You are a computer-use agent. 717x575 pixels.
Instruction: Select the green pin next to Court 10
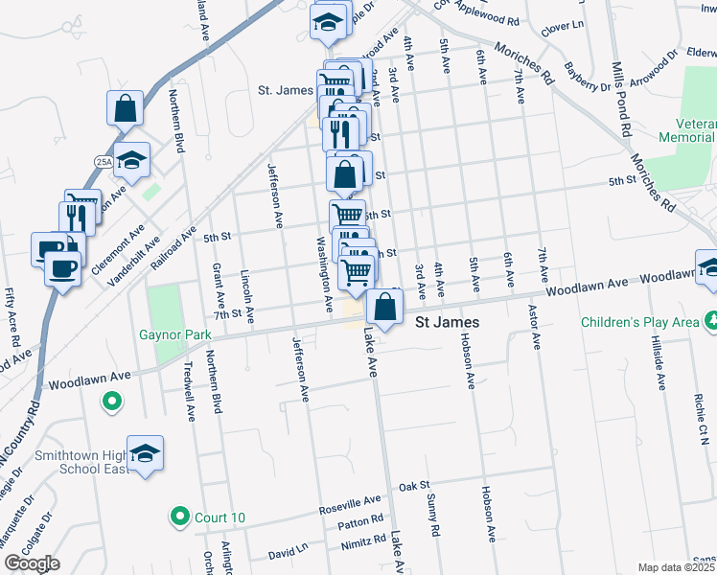pyautogui.click(x=178, y=517)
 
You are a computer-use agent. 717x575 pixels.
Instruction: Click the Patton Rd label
pyautogui.click(x=360, y=523)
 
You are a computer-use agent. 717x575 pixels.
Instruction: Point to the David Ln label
pyautogui.click(x=288, y=553)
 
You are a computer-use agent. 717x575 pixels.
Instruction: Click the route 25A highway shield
pyautogui.click(x=104, y=161)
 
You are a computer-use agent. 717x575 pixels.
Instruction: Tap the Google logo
pyautogui.click(x=32, y=563)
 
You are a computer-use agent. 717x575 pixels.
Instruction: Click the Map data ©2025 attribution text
pyautogui.click(x=677, y=567)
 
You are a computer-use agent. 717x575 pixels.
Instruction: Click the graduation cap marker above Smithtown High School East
pyautogui.click(x=145, y=453)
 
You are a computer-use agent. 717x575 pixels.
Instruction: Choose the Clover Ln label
pyautogui.click(x=564, y=28)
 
